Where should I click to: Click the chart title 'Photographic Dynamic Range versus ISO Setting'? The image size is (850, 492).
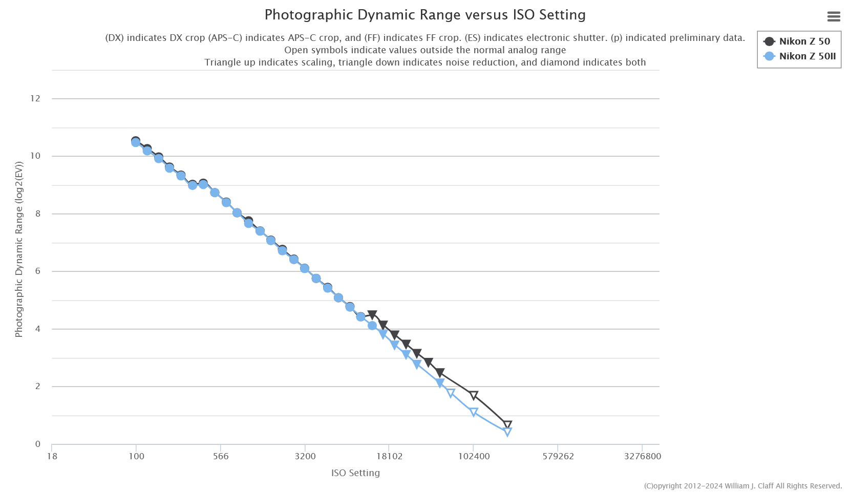click(425, 15)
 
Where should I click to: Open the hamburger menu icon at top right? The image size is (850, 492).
click(834, 16)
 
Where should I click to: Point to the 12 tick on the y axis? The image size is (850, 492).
click(35, 98)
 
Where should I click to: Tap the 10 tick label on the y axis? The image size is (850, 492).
click(35, 156)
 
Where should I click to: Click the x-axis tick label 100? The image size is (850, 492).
click(136, 456)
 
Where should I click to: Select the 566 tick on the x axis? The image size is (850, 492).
click(221, 456)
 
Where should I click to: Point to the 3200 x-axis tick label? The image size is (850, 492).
click(305, 456)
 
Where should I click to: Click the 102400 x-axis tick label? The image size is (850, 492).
click(474, 456)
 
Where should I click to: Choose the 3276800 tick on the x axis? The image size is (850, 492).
click(642, 456)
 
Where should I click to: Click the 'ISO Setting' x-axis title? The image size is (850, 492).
click(355, 473)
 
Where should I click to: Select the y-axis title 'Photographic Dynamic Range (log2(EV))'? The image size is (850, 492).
click(19, 250)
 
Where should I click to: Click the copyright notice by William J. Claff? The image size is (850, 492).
click(742, 486)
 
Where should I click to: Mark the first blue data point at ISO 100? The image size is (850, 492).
click(136, 142)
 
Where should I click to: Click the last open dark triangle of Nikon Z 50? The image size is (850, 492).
click(507, 425)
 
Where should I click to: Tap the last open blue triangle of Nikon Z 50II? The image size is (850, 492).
click(507, 432)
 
